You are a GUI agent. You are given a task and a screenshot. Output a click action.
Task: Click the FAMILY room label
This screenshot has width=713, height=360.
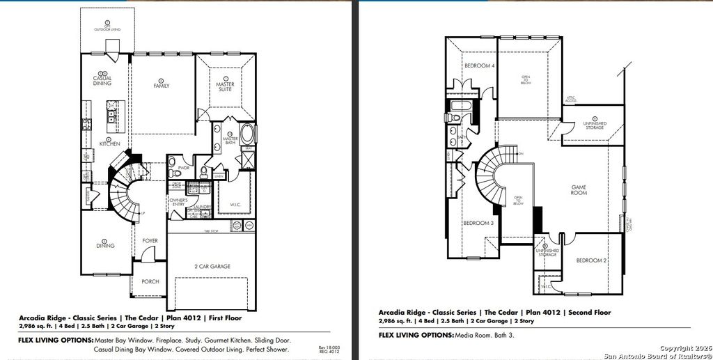click(162, 86)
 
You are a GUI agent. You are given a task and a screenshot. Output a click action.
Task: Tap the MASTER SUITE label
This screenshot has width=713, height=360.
click(225, 86)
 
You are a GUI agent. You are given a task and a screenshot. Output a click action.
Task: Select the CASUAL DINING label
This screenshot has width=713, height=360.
click(102, 81)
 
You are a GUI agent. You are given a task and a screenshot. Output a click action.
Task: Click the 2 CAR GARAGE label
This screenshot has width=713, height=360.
click(212, 266)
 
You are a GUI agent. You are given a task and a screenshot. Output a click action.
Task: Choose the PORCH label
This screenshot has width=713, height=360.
click(150, 281)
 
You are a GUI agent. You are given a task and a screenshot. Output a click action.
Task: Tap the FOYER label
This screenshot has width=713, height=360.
click(150, 241)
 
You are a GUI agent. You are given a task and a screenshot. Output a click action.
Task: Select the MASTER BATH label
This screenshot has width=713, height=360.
click(230, 140)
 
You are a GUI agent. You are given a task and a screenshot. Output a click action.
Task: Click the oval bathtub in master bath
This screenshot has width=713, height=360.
click(247, 134)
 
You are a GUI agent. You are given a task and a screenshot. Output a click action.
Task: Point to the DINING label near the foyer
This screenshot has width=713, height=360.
click(104, 245)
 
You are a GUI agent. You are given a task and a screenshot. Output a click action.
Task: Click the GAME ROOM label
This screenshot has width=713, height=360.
click(579, 189)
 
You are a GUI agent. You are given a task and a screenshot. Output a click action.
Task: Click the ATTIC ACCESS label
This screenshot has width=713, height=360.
click(570, 100)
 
